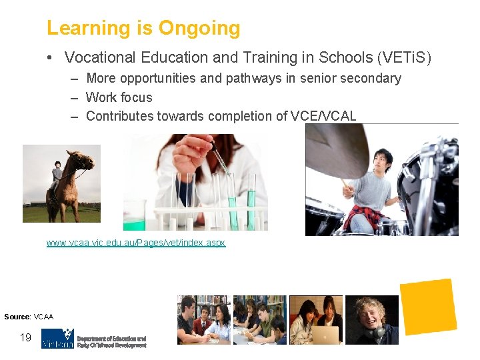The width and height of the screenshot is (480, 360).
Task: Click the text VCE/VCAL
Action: [323, 116]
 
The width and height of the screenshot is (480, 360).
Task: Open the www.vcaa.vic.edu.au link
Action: [136, 243]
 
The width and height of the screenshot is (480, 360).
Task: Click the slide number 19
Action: [25, 337]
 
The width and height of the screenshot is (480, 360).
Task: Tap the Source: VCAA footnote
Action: [29, 316]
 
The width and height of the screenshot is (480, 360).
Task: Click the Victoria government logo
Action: [57, 338]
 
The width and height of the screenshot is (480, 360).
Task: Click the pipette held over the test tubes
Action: [220, 160]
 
